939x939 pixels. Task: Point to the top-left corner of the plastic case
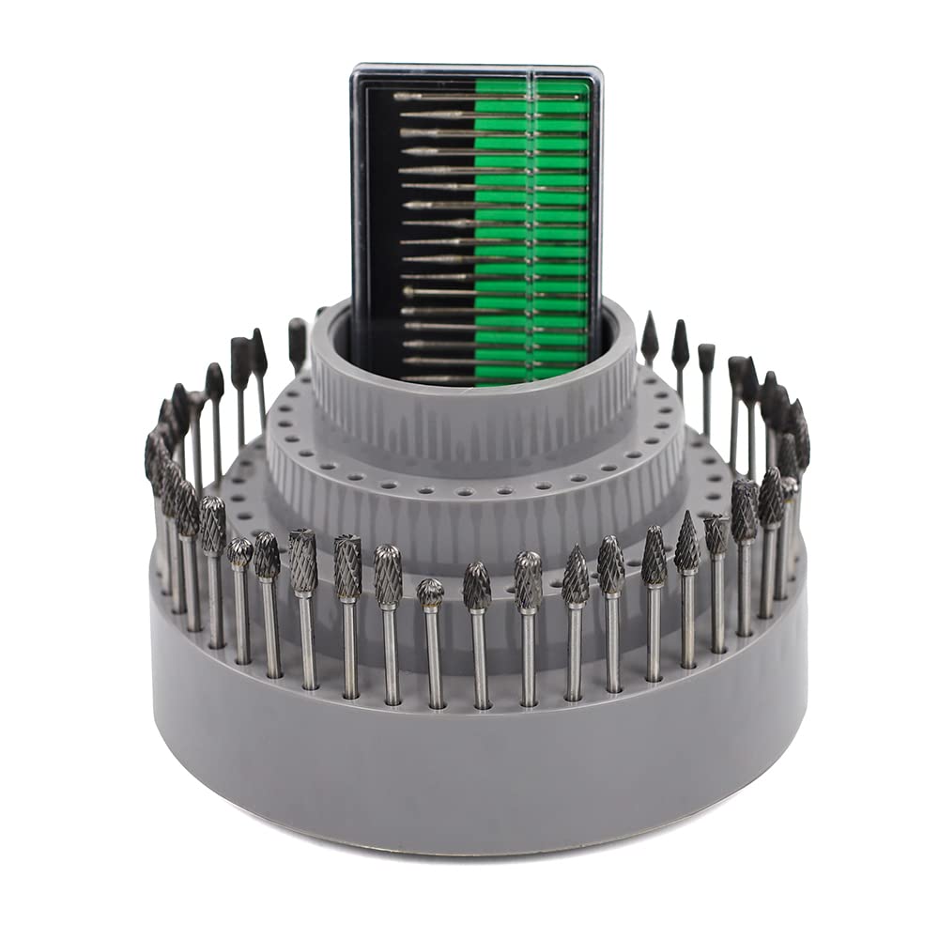[x=356, y=69]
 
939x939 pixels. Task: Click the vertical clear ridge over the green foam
[x=532, y=225]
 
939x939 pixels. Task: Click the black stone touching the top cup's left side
[x=298, y=334]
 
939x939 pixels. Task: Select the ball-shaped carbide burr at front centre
[x=430, y=593]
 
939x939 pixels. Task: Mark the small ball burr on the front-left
[x=239, y=552]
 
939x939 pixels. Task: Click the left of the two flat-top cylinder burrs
[x=302, y=561]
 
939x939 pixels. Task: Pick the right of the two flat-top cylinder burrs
[x=347, y=567]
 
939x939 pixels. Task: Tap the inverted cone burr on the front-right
[x=716, y=534]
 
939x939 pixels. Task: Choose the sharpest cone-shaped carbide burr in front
[x=686, y=542]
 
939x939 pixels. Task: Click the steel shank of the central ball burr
[x=435, y=657]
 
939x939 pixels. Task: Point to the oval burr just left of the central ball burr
[x=388, y=575]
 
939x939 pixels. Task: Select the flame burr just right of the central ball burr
[x=477, y=586]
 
